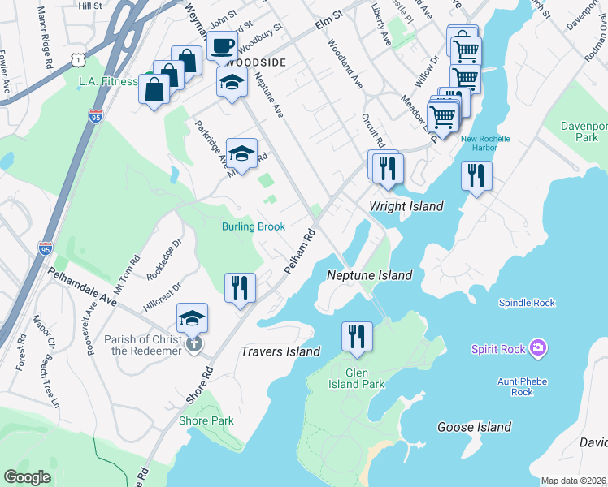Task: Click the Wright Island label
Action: tap(406, 206)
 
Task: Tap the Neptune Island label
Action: tap(369, 275)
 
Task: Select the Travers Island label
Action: tap(280, 351)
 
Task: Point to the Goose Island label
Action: tap(474, 427)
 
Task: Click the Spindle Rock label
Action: tap(527, 303)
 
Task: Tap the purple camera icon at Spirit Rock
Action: tap(537, 349)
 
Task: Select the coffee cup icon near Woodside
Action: tap(221, 45)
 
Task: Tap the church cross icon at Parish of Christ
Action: tap(193, 344)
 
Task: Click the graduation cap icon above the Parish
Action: tap(192, 317)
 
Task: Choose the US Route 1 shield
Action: tap(76, 60)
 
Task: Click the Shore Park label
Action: tap(206, 420)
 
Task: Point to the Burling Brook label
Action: tap(254, 226)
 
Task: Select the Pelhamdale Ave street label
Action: tap(81, 284)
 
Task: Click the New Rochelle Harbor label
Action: tap(485, 143)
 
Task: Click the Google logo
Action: tap(28, 476)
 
